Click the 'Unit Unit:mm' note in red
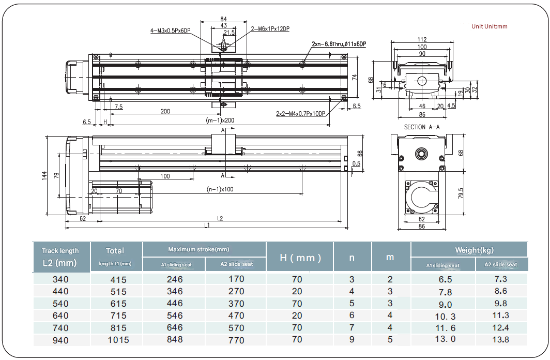coord(490,26)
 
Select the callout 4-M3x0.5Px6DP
coord(171,31)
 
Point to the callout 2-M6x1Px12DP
coord(270,29)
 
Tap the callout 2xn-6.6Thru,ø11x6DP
coord(339,44)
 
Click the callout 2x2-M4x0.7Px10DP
coord(300,114)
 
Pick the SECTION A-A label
coord(422,127)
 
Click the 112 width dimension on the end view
coord(421,40)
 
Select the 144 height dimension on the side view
coord(44,175)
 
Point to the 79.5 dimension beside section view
coord(461,193)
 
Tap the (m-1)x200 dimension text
coord(220,121)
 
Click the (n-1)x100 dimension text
coord(220,189)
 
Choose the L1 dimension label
coord(207,226)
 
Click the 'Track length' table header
coord(60,251)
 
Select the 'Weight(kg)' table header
coord(474,250)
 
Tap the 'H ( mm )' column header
coord(300,258)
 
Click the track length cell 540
coord(60,304)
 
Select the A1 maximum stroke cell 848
coord(174,340)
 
